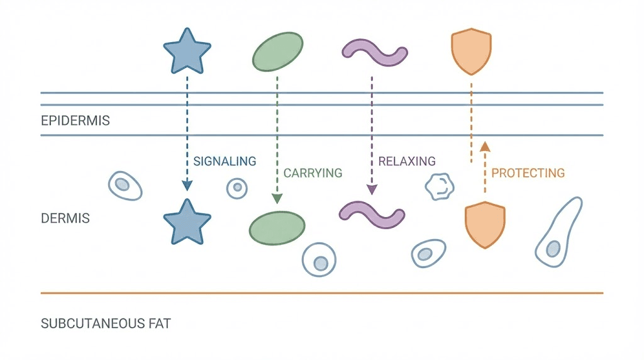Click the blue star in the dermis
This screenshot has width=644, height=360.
tap(186, 222)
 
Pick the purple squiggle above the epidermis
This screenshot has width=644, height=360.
tap(374, 53)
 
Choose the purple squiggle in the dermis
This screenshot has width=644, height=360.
tap(372, 212)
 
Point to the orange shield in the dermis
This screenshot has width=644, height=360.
tap(485, 224)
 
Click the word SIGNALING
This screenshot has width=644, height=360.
tap(225, 162)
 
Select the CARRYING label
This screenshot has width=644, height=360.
tap(313, 173)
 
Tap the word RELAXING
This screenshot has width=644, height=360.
tap(406, 162)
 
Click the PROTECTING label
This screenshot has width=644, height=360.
tap(528, 173)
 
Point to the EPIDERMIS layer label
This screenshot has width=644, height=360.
tap(75, 121)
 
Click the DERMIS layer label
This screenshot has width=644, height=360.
tap(65, 219)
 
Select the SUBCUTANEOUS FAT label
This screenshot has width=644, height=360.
tap(106, 324)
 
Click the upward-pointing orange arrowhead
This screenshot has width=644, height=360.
tap(484, 147)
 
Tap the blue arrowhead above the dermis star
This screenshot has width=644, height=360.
tap(187, 185)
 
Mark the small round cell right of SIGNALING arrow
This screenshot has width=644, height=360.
tap(237, 188)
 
